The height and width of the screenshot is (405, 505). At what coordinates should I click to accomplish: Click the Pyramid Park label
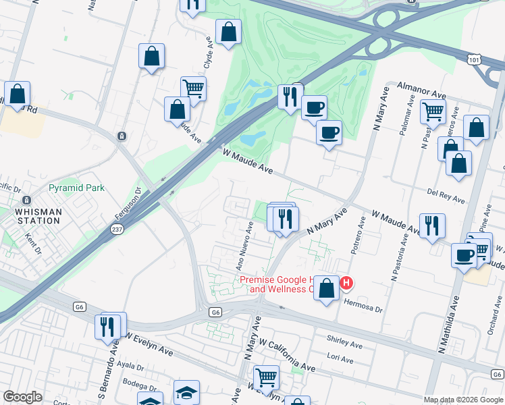(x=76, y=188)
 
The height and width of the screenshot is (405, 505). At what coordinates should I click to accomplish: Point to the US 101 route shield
(x=474, y=60)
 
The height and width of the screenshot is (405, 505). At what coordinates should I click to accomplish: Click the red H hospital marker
(x=346, y=283)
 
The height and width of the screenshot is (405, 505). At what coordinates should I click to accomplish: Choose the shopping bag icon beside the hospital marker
(x=327, y=288)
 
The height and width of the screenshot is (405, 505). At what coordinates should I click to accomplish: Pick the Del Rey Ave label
(x=446, y=196)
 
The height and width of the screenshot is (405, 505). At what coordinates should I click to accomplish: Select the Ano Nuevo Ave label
(x=244, y=245)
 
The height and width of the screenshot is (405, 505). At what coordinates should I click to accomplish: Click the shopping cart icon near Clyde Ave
(x=193, y=88)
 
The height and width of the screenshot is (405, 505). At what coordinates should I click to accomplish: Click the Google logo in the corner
(x=22, y=398)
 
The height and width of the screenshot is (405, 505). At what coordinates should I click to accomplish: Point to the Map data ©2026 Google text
(x=462, y=399)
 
